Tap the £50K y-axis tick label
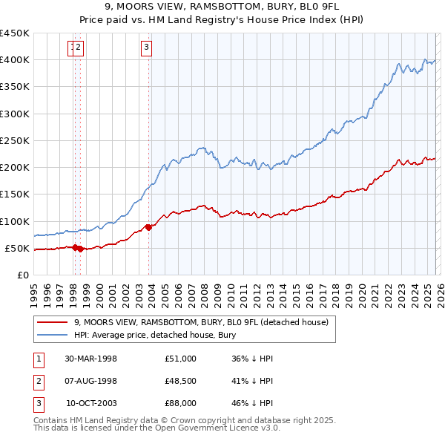[18, 248]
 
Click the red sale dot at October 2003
[148, 227]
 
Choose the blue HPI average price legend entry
[154, 336]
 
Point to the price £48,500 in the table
[181, 381]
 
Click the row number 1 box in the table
[37, 359]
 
